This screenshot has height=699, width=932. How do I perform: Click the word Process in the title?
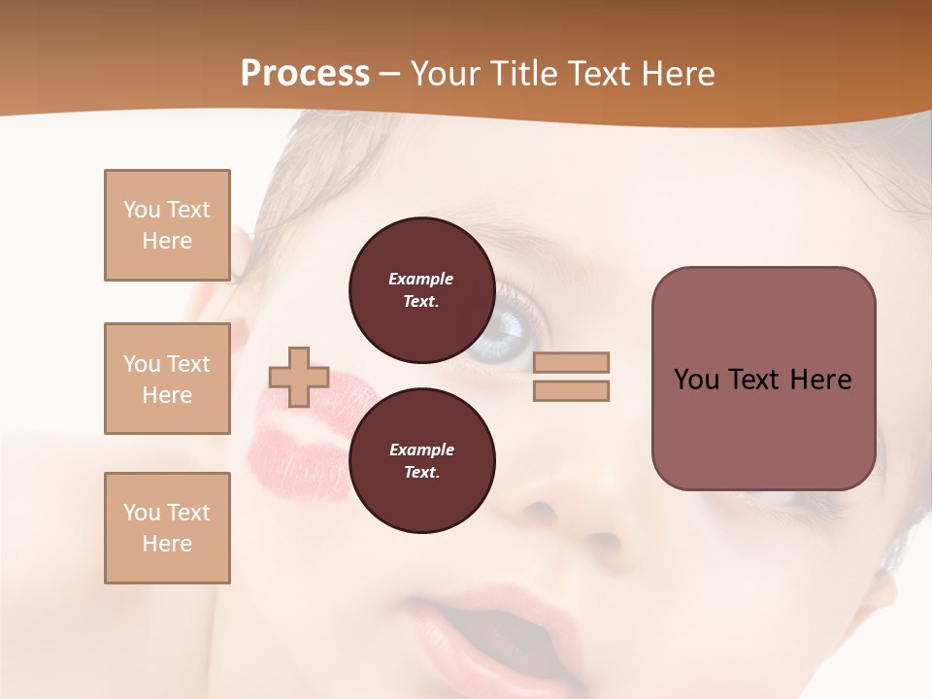point(305,74)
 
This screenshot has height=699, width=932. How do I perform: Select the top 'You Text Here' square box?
point(167,225)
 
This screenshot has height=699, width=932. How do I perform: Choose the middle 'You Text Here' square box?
point(167,379)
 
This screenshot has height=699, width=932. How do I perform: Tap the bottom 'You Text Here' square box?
point(167,528)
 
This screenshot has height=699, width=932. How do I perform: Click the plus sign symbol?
point(299,377)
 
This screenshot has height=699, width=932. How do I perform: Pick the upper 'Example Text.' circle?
point(421,290)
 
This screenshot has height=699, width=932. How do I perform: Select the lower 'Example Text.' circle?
point(421,461)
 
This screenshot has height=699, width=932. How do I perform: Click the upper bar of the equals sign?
point(571,362)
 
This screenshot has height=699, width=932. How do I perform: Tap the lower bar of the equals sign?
point(571,390)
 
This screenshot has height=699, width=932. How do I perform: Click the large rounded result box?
point(763,379)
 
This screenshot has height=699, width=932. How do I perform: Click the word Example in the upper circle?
point(421,279)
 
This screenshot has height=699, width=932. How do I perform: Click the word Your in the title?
point(445,74)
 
